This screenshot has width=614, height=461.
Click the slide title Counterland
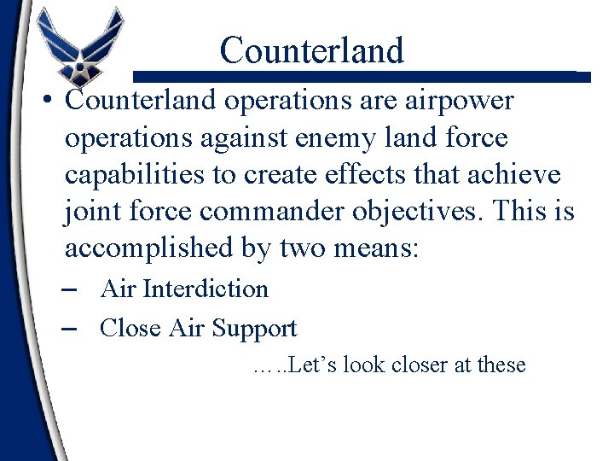[x=311, y=50]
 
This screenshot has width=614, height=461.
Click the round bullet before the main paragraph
[x=49, y=102]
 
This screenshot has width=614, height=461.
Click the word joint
[x=92, y=210]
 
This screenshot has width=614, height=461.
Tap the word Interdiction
[x=206, y=289]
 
